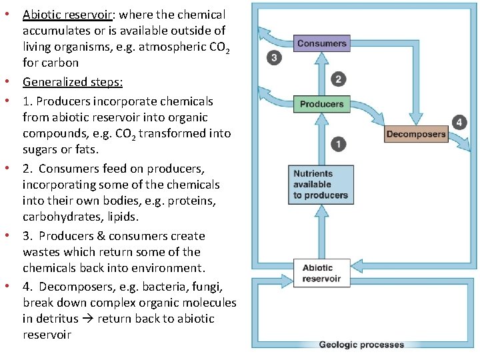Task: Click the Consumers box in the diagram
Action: pos(321,44)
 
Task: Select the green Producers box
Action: pos(321,104)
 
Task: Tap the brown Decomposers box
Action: pos(415,134)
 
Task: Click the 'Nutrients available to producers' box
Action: pos(321,185)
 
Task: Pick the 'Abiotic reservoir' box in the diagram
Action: pos(321,273)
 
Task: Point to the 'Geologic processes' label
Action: pos(361,345)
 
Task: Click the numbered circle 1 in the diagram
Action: pos(337,144)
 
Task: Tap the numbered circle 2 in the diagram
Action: pos(338,79)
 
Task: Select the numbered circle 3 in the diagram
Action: pos(273,58)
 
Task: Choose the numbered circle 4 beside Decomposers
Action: pos(459,122)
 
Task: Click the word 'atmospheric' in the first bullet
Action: pos(170,47)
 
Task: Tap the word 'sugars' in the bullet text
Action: pos(40,149)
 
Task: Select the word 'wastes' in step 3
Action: pos(42,252)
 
